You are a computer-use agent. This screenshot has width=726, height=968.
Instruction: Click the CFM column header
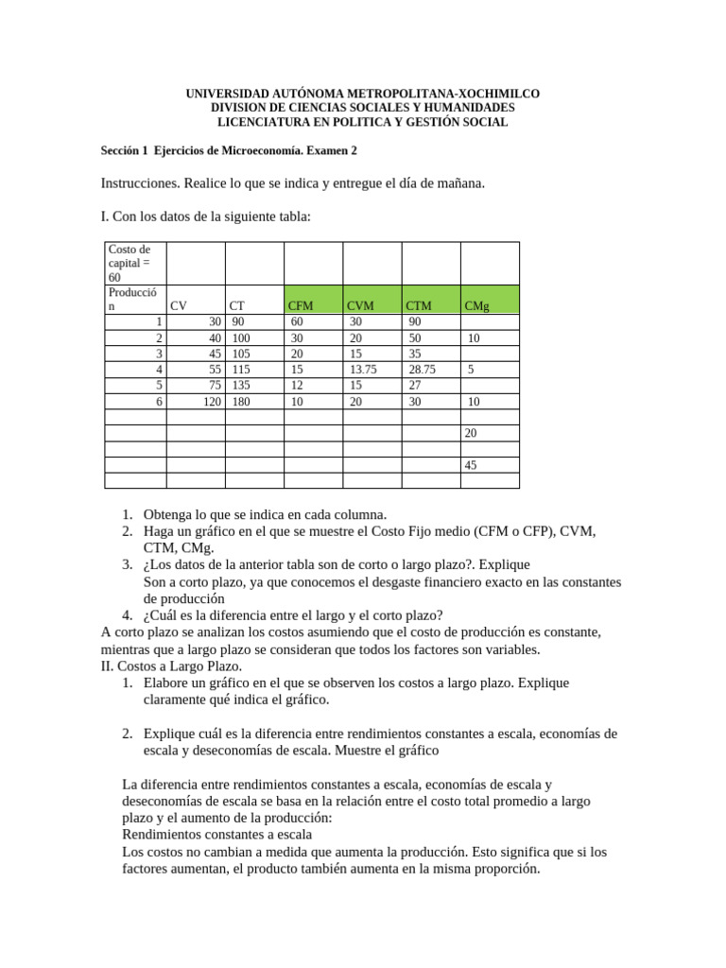click(x=300, y=305)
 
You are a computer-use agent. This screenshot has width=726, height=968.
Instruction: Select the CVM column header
click(x=360, y=305)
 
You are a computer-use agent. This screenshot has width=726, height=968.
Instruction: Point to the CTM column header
click(x=419, y=305)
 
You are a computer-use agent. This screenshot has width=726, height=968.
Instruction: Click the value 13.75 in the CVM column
click(x=363, y=370)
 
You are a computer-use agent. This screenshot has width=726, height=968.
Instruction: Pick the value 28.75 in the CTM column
click(x=422, y=370)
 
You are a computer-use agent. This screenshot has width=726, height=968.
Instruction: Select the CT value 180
click(x=241, y=402)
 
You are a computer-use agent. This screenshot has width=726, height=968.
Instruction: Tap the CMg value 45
click(x=472, y=465)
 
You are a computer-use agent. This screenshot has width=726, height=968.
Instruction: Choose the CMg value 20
click(x=472, y=433)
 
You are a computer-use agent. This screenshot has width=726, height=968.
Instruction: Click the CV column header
click(x=179, y=305)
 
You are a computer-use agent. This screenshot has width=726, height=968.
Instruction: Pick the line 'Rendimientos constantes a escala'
click(x=217, y=835)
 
